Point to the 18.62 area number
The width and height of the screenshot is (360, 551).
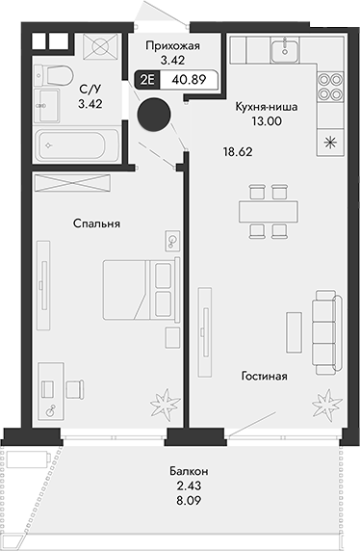tap(238, 152)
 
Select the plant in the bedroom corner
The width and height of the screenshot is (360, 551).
tap(161, 399)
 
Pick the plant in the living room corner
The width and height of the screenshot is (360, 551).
tap(329, 399)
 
